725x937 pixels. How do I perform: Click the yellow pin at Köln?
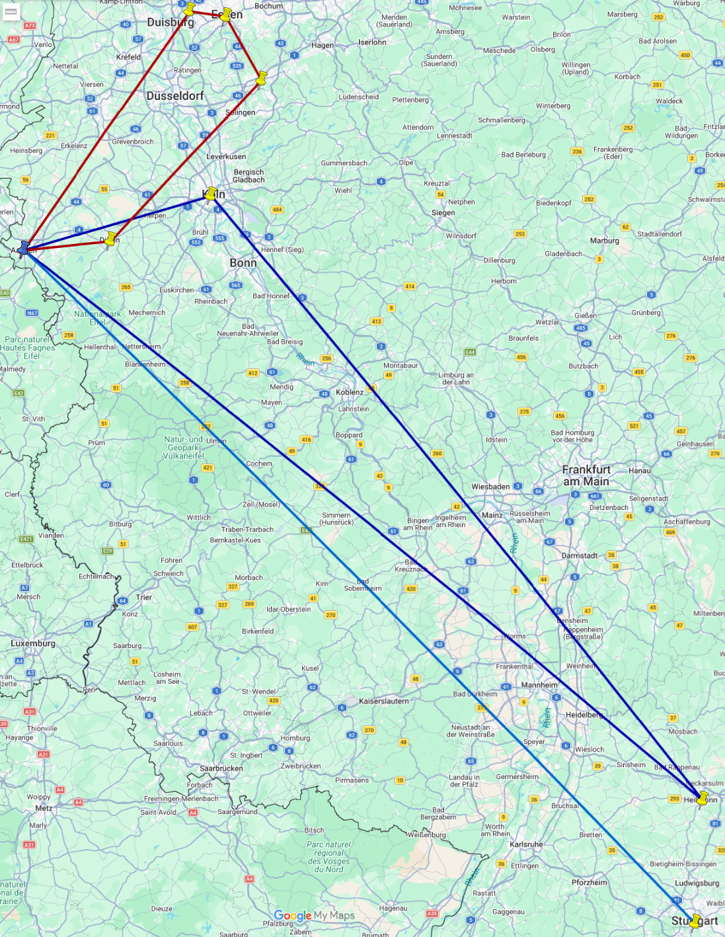click(x=211, y=194)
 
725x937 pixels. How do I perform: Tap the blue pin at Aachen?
click(x=24, y=248)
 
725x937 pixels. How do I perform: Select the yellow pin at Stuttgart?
click(x=695, y=920)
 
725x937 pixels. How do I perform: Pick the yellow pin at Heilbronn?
click(x=703, y=798)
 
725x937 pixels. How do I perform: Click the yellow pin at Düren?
click(x=110, y=238)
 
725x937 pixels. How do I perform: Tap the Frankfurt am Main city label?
click(x=586, y=475)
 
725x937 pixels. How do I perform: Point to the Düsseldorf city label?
click(x=175, y=96)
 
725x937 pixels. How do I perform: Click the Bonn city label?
click(x=243, y=263)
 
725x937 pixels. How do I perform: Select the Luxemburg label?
click(x=33, y=643)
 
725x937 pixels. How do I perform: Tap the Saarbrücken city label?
click(x=221, y=768)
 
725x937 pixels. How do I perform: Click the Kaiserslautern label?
click(x=384, y=701)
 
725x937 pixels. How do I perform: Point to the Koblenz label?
click(x=350, y=392)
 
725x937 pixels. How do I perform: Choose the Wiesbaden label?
click(x=490, y=487)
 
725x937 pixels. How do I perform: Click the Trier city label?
click(x=144, y=597)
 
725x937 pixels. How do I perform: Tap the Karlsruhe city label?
click(x=526, y=844)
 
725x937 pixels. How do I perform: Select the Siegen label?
click(x=443, y=213)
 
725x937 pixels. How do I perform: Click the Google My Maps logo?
click(x=315, y=916)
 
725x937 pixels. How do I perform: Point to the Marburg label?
click(x=605, y=241)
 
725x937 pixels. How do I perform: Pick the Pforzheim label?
click(x=590, y=882)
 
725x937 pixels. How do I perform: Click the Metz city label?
click(x=44, y=808)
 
